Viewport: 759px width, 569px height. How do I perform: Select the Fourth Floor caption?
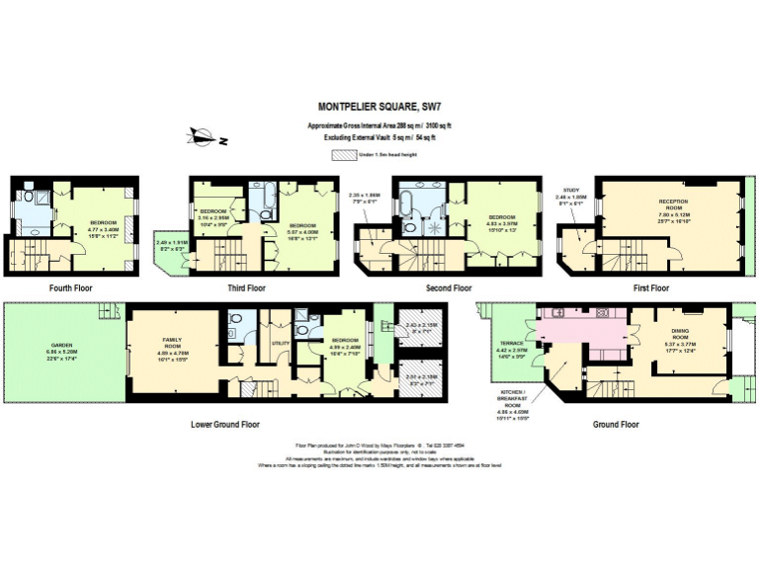tap(72, 288)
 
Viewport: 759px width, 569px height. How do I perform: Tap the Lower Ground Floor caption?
tap(224, 424)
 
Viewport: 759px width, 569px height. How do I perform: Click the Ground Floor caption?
tap(616, 424)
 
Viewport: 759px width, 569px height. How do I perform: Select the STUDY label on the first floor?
tap(570, 190)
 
